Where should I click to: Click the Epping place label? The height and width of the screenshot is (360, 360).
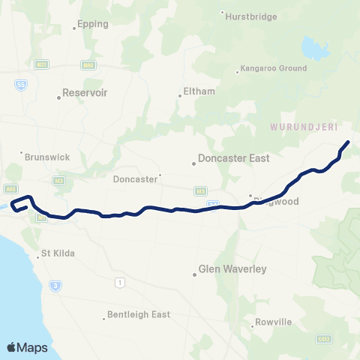[93, 24]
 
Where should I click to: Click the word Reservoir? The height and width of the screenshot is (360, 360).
[86, 94]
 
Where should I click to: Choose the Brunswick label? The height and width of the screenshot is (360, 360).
[47, 157]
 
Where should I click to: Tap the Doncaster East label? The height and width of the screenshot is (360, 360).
[232, 158]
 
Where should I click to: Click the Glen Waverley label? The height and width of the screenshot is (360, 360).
[232, 268]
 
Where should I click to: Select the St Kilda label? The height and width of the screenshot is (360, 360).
[55, 253]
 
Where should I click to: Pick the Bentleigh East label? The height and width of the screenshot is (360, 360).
[139, 314]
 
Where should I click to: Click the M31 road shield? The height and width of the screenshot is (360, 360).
[41, 65]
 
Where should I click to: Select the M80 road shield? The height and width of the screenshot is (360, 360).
[88, 65]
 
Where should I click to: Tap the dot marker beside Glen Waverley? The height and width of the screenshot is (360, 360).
[193, 274]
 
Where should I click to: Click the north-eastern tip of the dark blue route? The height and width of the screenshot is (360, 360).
[348, 141]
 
